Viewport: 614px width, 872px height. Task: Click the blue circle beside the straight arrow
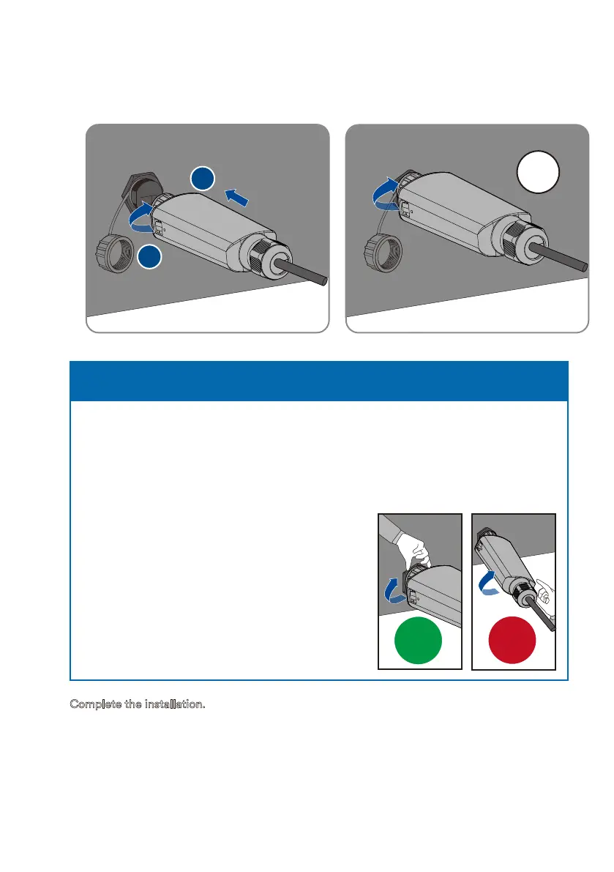(x=203, y=178)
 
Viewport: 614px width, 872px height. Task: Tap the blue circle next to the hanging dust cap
(x=149, y=256)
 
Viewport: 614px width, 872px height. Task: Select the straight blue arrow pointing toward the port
(x=236, y=198)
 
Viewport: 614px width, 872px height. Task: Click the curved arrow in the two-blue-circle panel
(x=140, y=217)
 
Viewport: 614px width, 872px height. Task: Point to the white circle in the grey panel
(x=538, y=172)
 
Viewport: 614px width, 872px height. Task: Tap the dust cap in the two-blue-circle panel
(x=114, y=253)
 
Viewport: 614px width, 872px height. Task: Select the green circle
(x=418, y=640)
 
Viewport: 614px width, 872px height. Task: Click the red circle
(x=512, y=640)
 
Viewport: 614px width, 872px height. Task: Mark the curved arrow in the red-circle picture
(x=489, y=583)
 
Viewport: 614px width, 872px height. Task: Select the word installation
(x=175, y=704)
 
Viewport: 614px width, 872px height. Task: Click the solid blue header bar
(x=319, y=381)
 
